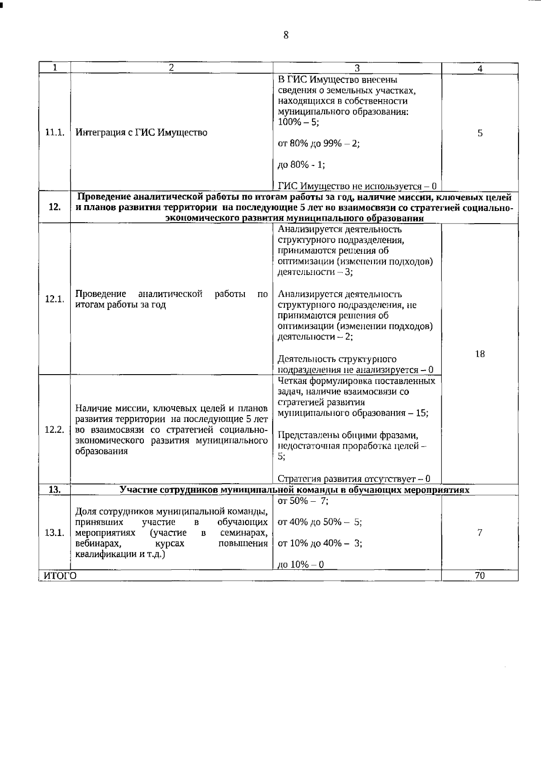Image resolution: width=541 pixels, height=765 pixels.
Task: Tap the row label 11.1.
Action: pos(55,133)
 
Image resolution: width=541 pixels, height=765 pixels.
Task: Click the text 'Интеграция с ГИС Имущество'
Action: pos(141,133)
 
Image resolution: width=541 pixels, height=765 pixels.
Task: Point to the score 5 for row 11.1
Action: pos(480,133)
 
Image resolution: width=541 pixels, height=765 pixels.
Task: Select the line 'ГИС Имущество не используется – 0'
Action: pos(357,186)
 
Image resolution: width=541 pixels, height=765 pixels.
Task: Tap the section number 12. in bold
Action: pos(55,207)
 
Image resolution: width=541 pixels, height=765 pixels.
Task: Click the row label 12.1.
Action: pos(55,299)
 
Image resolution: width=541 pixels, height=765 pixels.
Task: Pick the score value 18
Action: pos(480,354)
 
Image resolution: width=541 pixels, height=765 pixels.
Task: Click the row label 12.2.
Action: pos(55,429)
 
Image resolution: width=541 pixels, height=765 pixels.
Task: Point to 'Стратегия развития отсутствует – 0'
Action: pos(354,479)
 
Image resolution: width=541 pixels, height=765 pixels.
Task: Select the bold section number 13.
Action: pos(55,490)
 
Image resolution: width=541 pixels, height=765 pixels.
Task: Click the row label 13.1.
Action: pos(55,532)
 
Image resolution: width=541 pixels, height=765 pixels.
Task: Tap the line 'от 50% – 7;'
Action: pos(303,501)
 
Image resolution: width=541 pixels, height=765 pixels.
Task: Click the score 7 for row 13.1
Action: pos(480,532)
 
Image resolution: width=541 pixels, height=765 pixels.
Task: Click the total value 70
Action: pos(480,576)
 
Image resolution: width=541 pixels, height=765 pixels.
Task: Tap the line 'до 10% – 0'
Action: pos(301,565)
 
